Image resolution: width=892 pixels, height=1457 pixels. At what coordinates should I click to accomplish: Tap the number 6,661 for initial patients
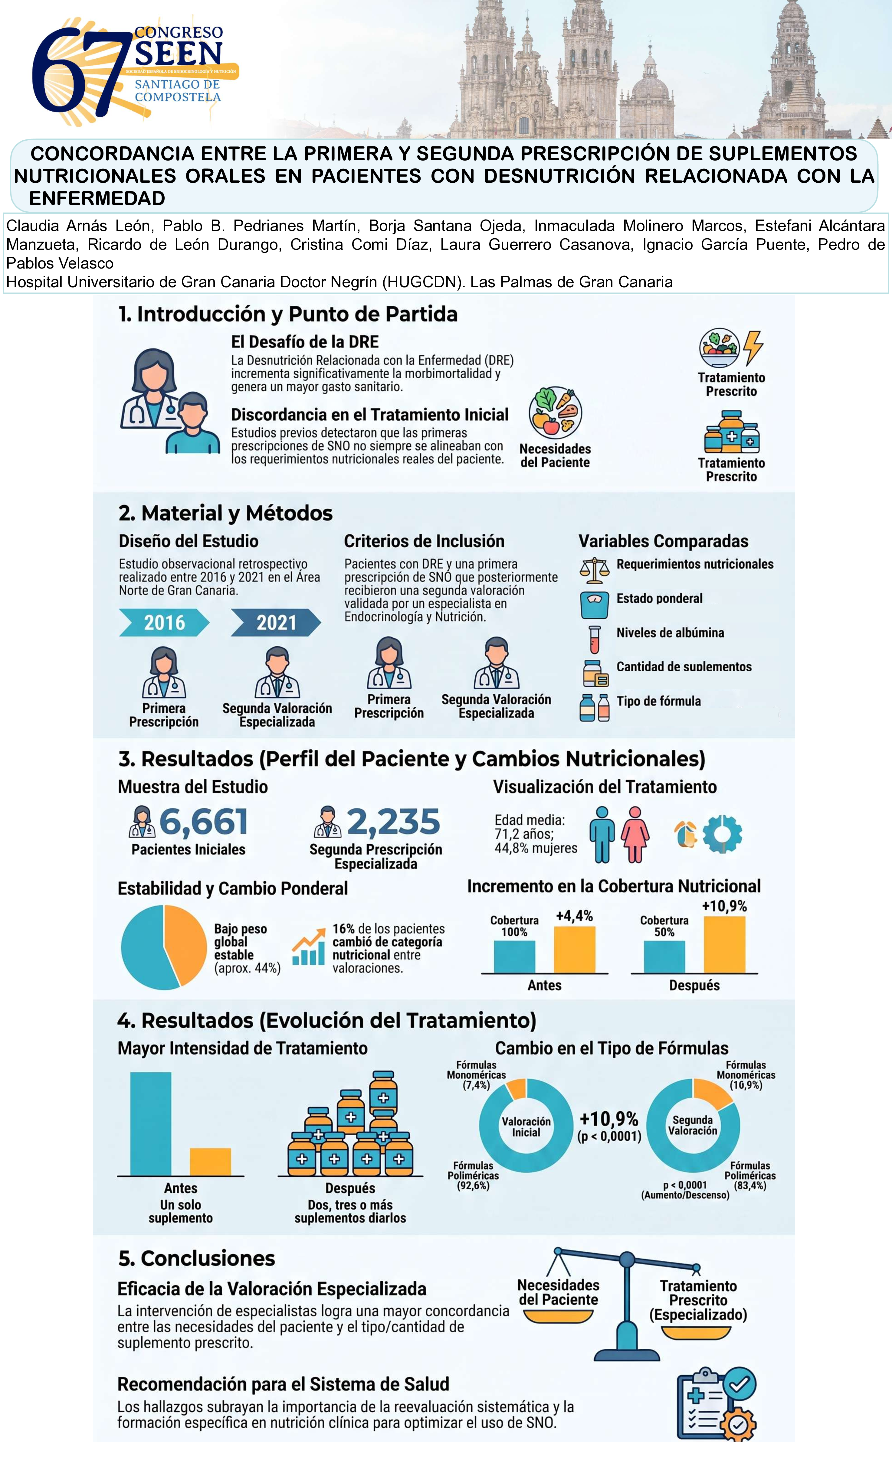click(203, 822)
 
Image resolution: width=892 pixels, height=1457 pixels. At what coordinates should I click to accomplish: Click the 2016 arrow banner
click(164, 623)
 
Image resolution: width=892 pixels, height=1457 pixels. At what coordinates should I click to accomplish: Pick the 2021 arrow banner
click(276, 623)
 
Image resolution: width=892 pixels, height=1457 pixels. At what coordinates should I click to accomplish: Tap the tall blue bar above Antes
click(151, 1123)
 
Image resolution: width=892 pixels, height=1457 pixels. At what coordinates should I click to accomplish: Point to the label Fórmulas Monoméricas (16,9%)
click(746, 1075)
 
